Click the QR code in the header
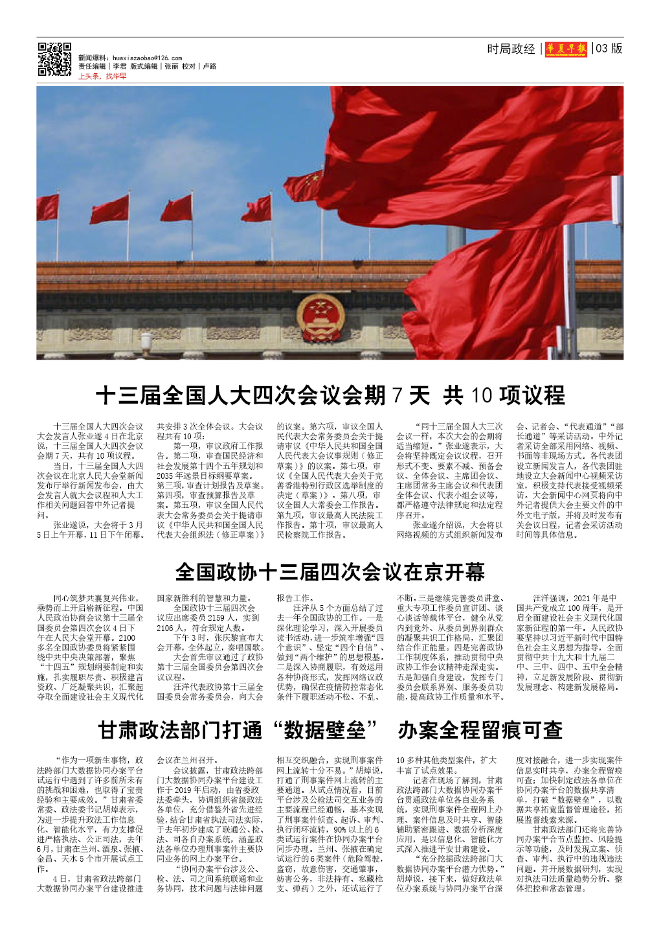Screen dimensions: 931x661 (x=54, y=60)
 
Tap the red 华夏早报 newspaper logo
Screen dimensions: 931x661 (x=566, y=49)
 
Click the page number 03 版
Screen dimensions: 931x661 (x=609, y=49)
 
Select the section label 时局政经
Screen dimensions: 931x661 (x=511, y=49)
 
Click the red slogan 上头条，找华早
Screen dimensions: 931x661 (x=102, y=76)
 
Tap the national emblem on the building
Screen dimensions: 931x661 (x=320, y=318)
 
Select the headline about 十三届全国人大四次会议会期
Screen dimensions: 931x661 (x=330, y=395)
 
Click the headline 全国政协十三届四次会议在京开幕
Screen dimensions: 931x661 (x=330, y=572)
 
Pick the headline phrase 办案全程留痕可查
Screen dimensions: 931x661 (x=480, y=730)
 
